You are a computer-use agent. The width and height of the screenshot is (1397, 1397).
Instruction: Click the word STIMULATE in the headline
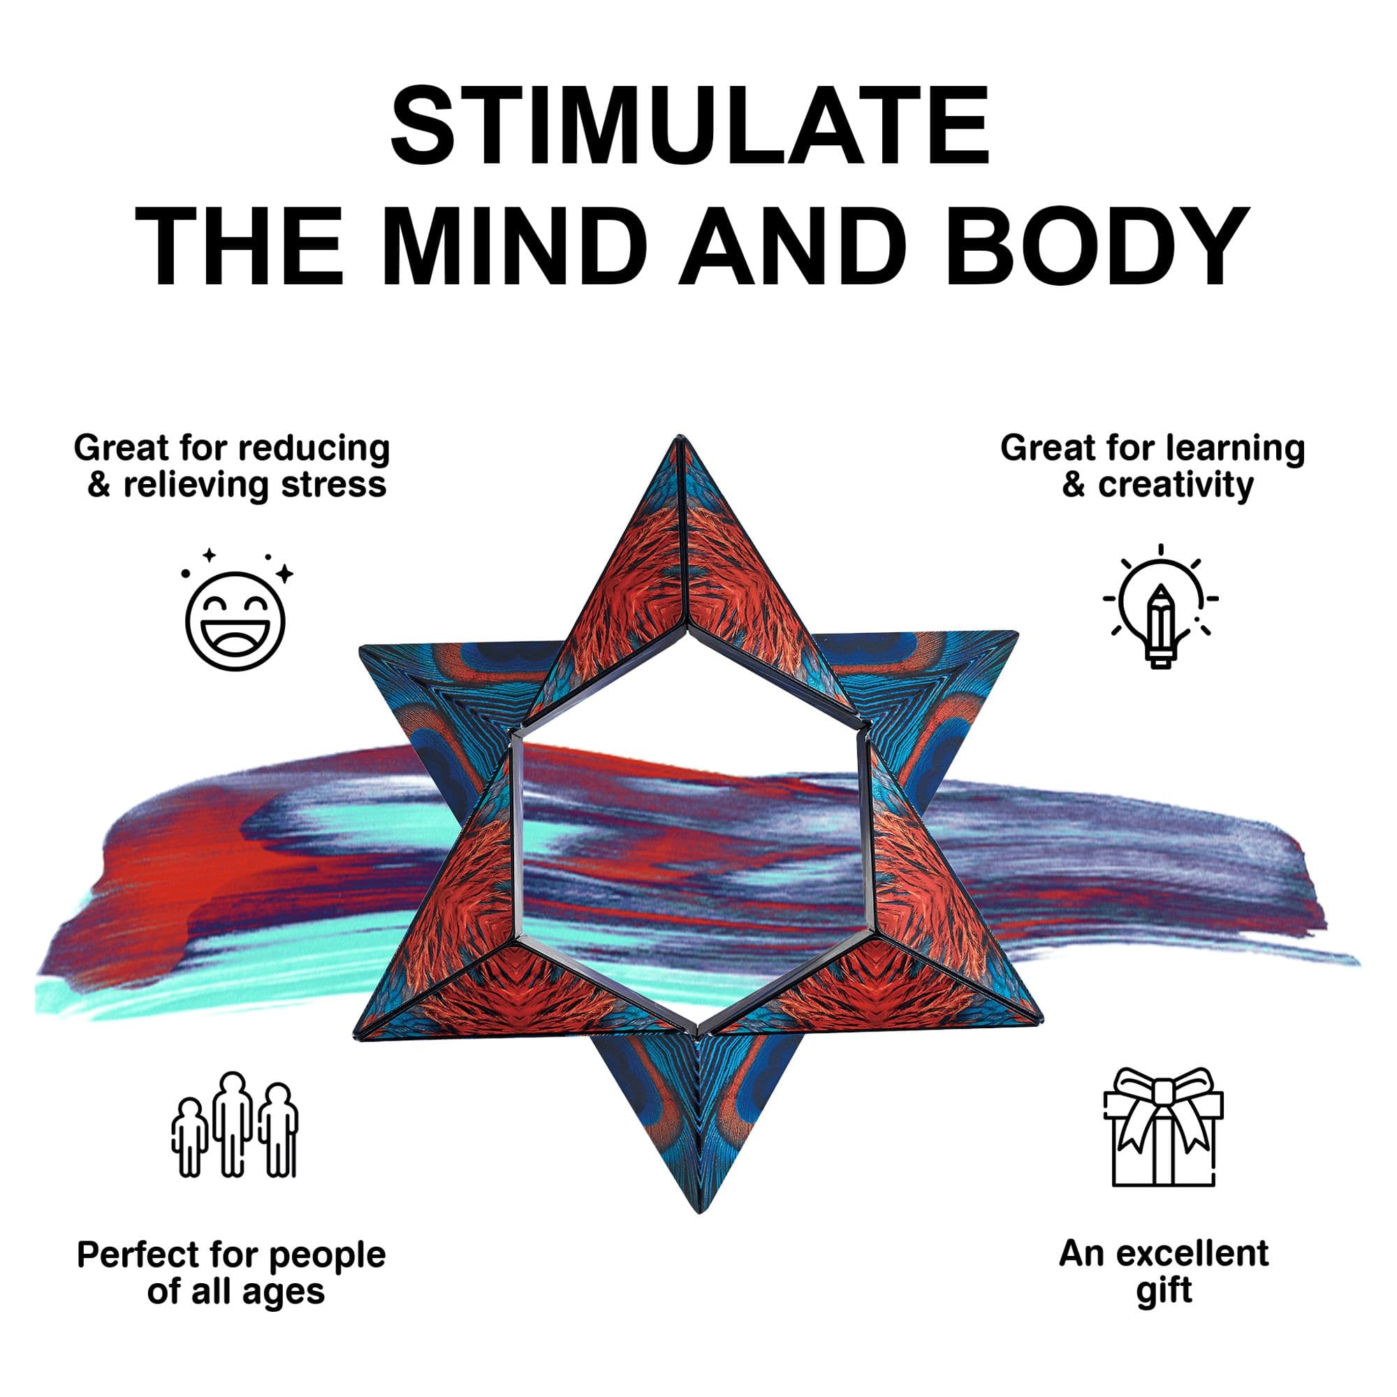(690, 126)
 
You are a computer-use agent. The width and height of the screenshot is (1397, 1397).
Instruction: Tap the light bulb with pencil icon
(1160, 606)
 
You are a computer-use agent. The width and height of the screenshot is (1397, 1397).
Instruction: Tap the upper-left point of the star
(360, 648)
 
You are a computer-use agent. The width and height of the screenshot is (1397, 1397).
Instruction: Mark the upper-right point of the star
(1018, 633)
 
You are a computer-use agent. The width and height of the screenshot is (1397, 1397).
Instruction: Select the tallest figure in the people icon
(233, 1125)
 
